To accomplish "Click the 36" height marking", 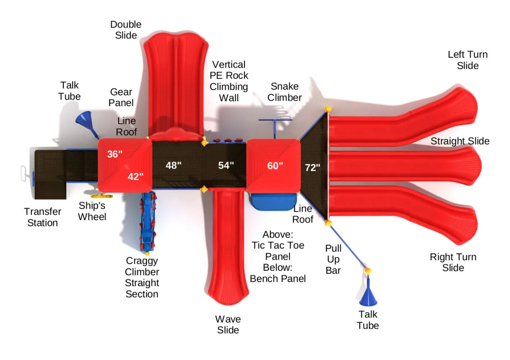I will click(x=115, y=154).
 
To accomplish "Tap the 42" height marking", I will click(x=135, y=176).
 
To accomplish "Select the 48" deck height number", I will click(x=173, y=166).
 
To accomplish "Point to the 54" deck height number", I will click(x=226, y=166).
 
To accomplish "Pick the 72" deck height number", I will click(x=312, y=168).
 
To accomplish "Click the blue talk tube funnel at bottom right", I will click(x=368, y=296).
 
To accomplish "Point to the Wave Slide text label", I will click(x=228, y=325).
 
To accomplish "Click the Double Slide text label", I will click(x=126, y=29).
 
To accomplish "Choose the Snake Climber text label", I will click(x=284, y=92).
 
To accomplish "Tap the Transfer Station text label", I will click(x=42, y=217).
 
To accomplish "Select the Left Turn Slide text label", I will click(x=468, y=60).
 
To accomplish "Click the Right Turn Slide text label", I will click(x=453, y=262).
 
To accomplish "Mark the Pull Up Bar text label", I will click(x=333, y=259).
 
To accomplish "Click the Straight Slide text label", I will click(x=460, y=141).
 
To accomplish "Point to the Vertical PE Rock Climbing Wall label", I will click(x=229, y=81).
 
